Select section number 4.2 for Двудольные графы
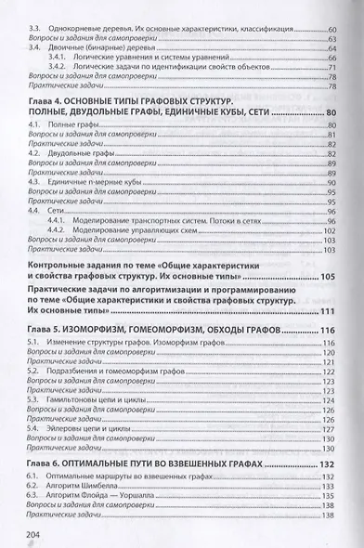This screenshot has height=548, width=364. pos(33,152)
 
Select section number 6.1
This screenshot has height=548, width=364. pos(33,475)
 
